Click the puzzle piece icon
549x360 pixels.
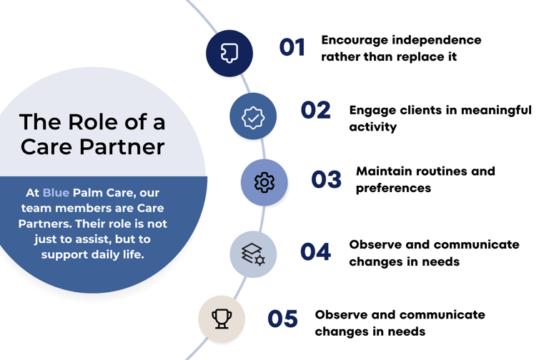[x=229, y=53]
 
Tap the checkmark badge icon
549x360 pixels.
[x=253, y=118]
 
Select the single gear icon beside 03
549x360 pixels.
[x=264, y=182]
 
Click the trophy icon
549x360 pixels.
[x=222, y=319]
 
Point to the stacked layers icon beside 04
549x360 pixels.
[x=253, y=254]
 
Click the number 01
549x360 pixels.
[x=292, y=47]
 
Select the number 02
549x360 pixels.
[x=315, y=110]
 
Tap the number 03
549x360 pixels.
[x=326, y=179]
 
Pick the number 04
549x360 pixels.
[x=315, y=251]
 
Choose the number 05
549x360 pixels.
[x=282, y=319]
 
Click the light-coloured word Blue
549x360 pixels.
[x=56, y=193]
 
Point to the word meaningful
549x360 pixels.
[x=496, y=111]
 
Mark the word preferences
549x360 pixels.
[x=393, y=189]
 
